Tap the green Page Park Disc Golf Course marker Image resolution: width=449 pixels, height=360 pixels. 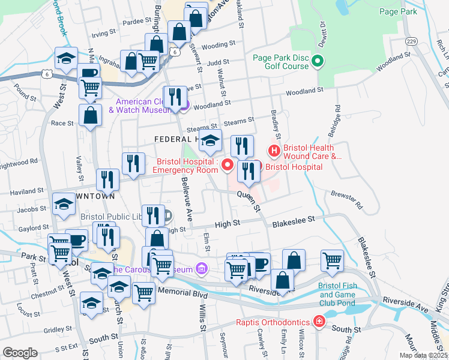[319, 61]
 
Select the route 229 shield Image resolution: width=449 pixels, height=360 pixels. [411, 41]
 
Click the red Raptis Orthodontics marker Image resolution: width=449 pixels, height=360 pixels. [319, 322]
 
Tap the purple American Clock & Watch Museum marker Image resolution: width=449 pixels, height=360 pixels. [184, 106]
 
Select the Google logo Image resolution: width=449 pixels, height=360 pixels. [20, 353]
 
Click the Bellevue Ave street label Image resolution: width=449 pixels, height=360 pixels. [187, 200]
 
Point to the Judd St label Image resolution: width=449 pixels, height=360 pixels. [218, 62]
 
